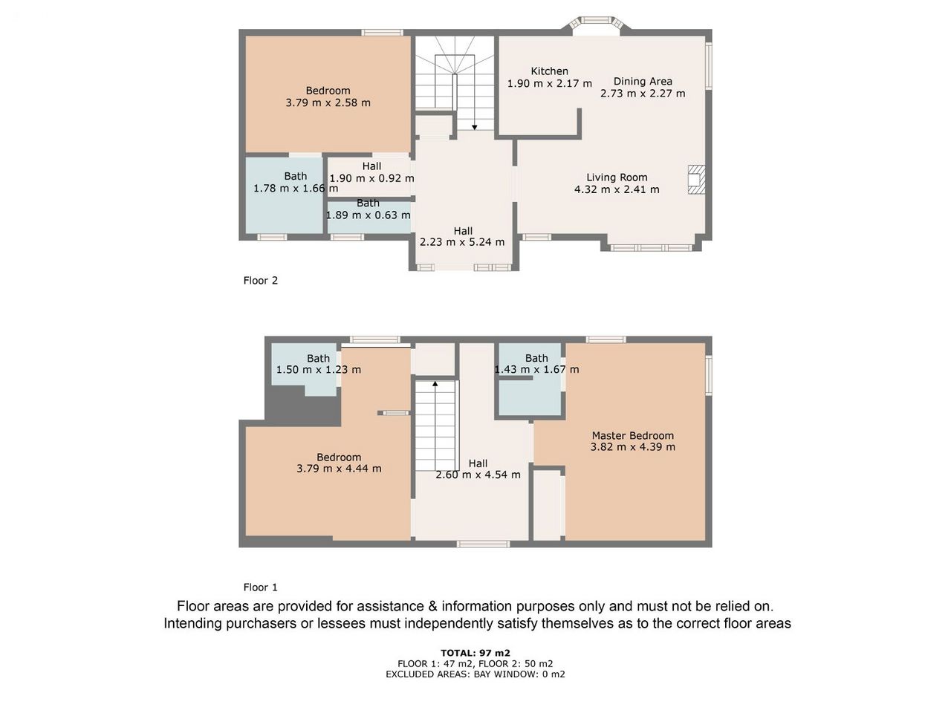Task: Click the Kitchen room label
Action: [549, 71]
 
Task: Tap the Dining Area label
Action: [643, 82]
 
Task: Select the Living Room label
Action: [617, 178]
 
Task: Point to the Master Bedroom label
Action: [632, 435]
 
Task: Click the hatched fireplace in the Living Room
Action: [697, 179]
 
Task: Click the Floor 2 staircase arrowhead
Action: [475, 127]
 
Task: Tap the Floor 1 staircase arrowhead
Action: [435, 383]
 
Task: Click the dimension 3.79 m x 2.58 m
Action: [328, 103]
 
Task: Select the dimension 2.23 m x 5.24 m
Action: [462, 242]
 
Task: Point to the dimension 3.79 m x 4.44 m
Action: [339, 469]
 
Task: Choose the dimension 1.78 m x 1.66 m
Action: [296, 189]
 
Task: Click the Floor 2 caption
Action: [260, 281]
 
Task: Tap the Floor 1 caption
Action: [260, 587]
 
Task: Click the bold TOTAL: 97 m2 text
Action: [475, 653]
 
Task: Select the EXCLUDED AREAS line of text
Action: [475, 674]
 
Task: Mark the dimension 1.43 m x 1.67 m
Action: [536, 369]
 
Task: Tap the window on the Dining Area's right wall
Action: [709, 65]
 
